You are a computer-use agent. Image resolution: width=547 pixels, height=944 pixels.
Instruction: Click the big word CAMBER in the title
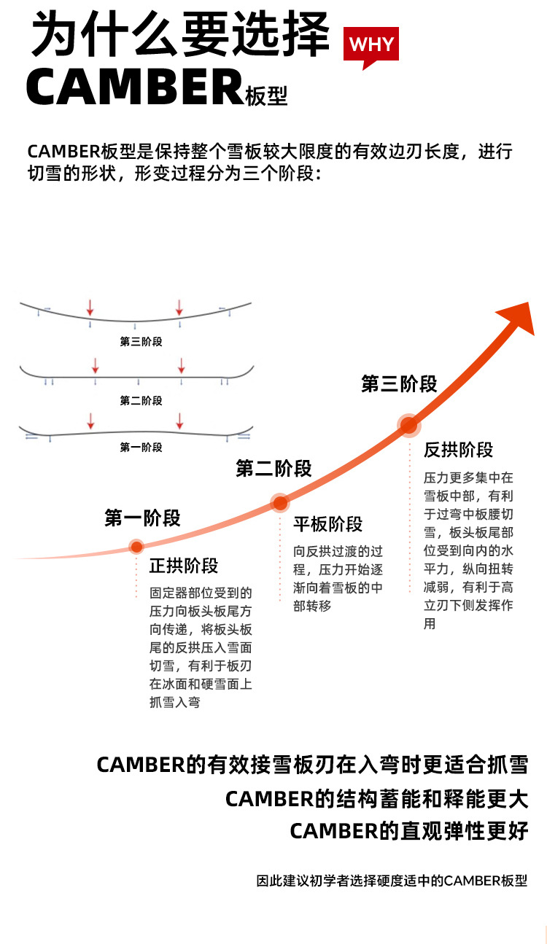coord(135,87)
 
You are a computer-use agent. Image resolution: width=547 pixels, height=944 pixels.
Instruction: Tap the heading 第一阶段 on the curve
coord(142,518)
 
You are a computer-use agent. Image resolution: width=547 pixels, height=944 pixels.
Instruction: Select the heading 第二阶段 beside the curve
coord(273,469)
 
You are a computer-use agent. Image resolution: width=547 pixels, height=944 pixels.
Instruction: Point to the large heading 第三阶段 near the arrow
coord(399,384)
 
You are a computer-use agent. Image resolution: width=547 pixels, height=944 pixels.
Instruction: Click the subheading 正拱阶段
coord(184,566)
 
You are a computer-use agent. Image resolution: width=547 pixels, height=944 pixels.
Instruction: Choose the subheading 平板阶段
coord(327,524)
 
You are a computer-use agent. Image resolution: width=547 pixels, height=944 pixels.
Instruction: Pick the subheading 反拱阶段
coord(458,450)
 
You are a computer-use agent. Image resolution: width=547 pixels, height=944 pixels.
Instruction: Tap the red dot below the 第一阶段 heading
coord(136,547)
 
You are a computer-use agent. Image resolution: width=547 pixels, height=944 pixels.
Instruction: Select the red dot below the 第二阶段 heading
coord(279,502)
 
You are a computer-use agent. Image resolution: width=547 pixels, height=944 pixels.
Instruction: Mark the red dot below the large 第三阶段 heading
coord(408,424)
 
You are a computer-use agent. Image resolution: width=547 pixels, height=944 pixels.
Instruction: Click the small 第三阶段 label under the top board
coord(141,341)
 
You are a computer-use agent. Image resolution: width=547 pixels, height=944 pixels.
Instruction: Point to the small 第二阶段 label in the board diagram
coord(141,401)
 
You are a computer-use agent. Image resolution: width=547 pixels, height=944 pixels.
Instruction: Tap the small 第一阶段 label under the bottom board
coord(141,448)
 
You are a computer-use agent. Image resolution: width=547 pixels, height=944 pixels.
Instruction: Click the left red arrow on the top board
coord(90,306)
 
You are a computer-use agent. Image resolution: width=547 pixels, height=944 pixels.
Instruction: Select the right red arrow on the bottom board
coord(179,421)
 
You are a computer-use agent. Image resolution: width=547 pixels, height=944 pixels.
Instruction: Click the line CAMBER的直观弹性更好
coord(408,831)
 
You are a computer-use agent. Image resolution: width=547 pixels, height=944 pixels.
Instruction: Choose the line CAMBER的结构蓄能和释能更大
coord(376,799)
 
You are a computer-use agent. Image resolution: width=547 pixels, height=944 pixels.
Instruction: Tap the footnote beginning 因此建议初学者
coord(392,881)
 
